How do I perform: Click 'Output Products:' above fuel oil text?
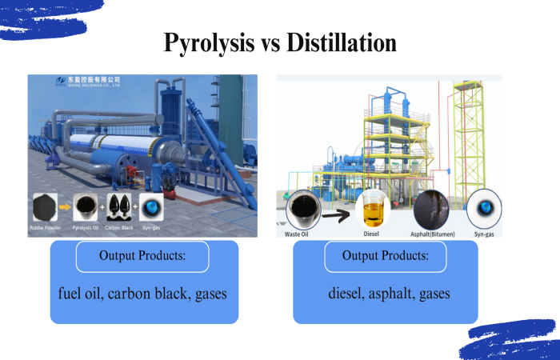tap(143, 256)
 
